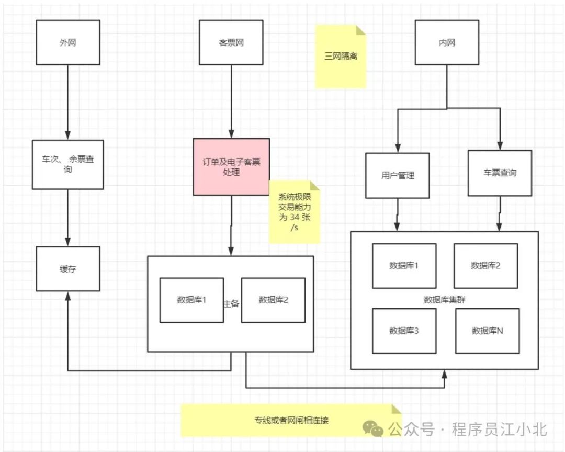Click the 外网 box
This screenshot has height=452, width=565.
(x=67, y=42)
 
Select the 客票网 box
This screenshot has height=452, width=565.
(x=231, y=42)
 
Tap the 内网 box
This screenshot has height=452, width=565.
(x=446, y=42)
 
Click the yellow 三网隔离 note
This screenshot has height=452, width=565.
(x=341, y=56)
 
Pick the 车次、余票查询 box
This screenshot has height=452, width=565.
(x=67, y=164)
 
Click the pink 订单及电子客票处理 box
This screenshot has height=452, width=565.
(x=231, y=167)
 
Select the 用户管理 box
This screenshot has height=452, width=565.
(x=397, y=176)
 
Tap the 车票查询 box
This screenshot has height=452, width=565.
(x=500, y=173)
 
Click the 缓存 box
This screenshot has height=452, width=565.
(x=67, y=269)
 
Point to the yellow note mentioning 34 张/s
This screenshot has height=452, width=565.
(x=294, y=212)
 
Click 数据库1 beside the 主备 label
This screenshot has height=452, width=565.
(x=191, y=300)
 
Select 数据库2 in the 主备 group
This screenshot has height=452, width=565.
(x=273, y=300)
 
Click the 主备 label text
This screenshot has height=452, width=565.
(x=231, y=303)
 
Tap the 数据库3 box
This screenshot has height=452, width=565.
(x=404, y=331)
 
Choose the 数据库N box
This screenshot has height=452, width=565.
(x=487, y=331)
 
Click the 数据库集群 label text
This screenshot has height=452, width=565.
(x=445, y=300)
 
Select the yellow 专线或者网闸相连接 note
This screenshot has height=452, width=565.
(x=291, y=420)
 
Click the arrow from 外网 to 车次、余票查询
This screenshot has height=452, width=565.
(x=67, y=102)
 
